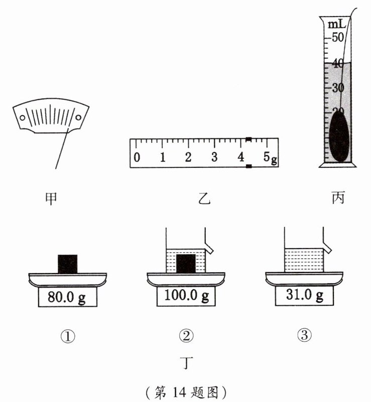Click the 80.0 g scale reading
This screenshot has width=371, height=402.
[67, 297]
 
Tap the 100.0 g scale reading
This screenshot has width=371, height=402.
[186, 296]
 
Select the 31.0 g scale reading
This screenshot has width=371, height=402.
[305, 295]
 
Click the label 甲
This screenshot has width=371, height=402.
[51, 198]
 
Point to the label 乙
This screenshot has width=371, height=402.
[204, 198]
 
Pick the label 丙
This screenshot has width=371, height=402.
[338, 198]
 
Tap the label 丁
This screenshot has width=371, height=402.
[187, 363]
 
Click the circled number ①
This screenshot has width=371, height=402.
[68, 336]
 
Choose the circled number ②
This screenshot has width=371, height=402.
[186, 336]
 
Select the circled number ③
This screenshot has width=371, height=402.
[305, 335]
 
